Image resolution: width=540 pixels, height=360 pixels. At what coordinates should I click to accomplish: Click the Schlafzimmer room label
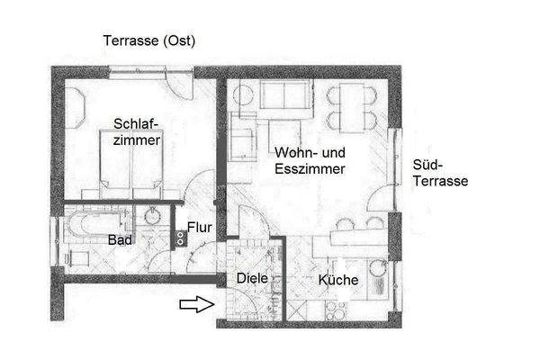(137, 132)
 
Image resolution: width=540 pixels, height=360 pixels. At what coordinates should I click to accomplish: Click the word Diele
(252, 279)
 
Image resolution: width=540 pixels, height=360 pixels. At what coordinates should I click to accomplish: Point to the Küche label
(338, 281)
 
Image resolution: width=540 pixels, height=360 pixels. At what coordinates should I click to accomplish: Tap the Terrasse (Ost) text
(149, 40)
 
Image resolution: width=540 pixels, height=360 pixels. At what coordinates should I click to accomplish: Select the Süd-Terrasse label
(438, 173)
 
